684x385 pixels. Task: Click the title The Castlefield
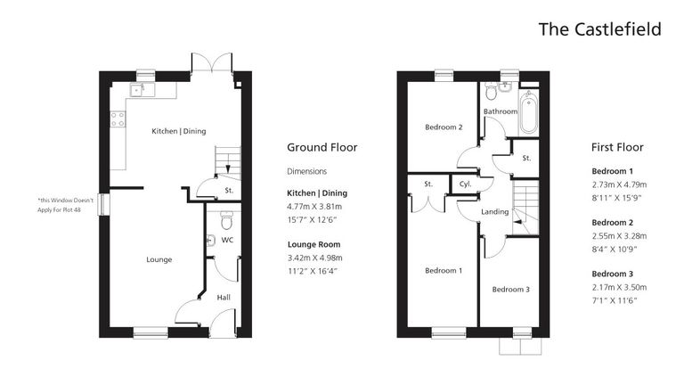click(599, 29)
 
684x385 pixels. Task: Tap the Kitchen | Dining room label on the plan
click(178, 131)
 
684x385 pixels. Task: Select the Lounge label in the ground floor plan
click(159, 259)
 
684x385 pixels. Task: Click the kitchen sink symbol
click(138, 89)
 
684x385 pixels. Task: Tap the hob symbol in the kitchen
click(117, 119)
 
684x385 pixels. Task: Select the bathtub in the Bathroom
click(528, 112)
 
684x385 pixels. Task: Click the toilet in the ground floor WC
click(225, 217)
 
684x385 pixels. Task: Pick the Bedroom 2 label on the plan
click(444, 127)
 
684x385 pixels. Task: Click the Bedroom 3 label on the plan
click(510, 289)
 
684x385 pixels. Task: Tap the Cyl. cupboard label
click(464, 184)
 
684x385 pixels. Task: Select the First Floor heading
click(617, 148)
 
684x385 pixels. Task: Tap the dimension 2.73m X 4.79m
click(619, 184)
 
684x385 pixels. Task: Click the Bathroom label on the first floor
click(500, 111)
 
